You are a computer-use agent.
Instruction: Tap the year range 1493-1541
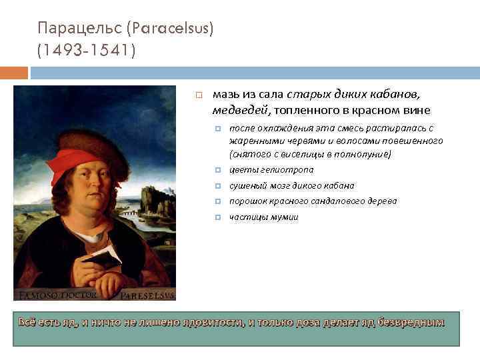pyautogui.click(x=87, y=51)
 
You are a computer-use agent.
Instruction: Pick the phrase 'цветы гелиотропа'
pyautogui.click(x=271, y=169)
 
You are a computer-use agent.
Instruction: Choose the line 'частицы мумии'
pyautogui.click(x=263, y=217)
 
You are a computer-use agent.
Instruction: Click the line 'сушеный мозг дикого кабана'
pyautogui.click(x=291, y=185)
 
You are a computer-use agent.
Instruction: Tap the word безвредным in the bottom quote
pyautogui.click(x=410, y=323)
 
